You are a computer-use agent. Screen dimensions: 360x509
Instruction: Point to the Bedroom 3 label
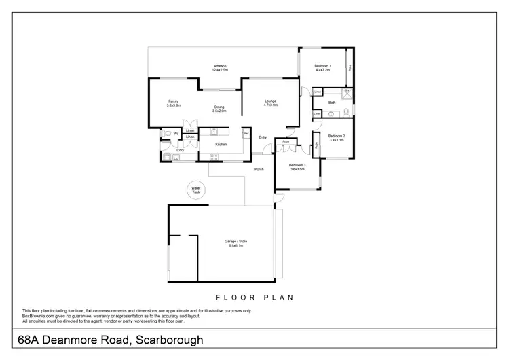click(x=297, y=166)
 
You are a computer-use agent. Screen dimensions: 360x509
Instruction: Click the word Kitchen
click(x=221, y=145)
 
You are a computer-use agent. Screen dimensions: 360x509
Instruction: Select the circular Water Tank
click(x=195, y=190)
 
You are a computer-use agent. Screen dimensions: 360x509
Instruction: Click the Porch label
click(x=259, y=169)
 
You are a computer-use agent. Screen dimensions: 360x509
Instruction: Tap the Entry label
click(x=263, y=138)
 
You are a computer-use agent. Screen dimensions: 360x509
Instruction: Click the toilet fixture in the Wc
click(x=166, y=134)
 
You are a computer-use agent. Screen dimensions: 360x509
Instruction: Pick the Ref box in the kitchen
click(x=246, y=133)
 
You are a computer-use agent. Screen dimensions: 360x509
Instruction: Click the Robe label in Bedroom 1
click(x=350, y=68)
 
